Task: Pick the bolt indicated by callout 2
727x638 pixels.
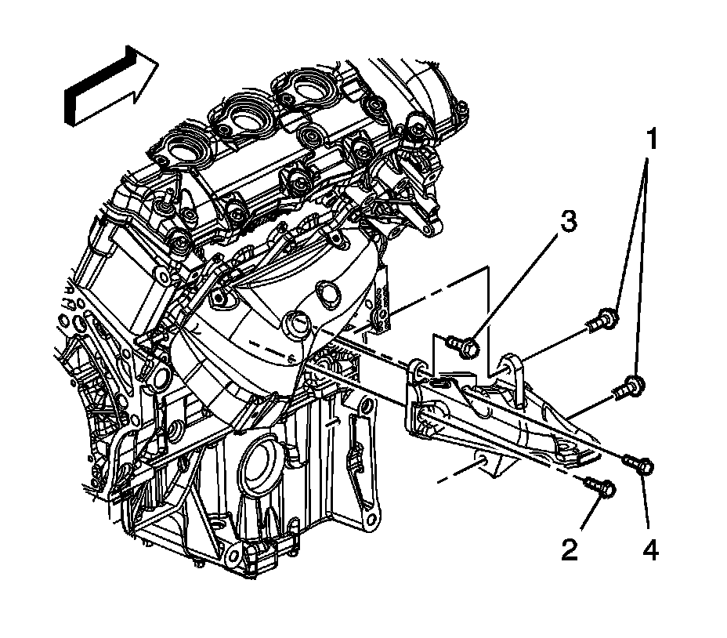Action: [602, 488]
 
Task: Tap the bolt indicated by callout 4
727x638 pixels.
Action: [640, 465]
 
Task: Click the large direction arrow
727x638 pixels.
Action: [110, 84]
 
